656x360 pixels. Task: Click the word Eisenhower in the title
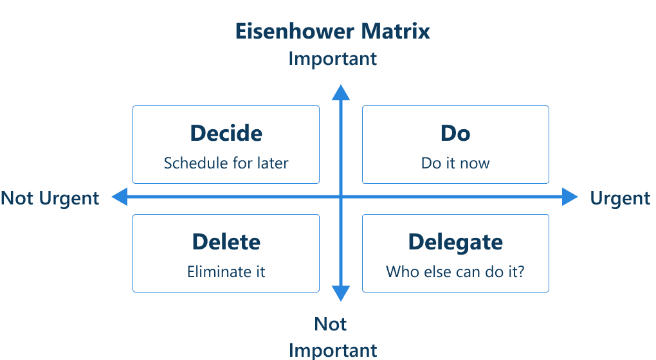coord(295,32)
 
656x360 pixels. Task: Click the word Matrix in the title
coord(396,32)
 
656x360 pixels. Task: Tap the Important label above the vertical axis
coord(333,59)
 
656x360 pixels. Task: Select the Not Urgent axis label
coord(50,199)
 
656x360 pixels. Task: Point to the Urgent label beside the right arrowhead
coord(620,199)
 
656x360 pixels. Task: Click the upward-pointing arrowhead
coord(341,93)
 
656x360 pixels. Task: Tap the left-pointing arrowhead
coord(120,197)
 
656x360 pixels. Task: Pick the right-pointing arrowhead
coord(570,197)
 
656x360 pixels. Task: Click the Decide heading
coord(226,133)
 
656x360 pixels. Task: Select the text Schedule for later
coord(226,163)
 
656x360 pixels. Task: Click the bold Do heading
coord(455,133)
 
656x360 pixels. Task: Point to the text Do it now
coord(455,163)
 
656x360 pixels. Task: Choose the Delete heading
coord(226,242)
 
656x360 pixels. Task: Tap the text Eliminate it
coord(226,272)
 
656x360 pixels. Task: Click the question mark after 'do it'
coord(520,272)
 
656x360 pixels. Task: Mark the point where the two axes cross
coord(341,197)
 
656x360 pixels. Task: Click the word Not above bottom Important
coord(331,324)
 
